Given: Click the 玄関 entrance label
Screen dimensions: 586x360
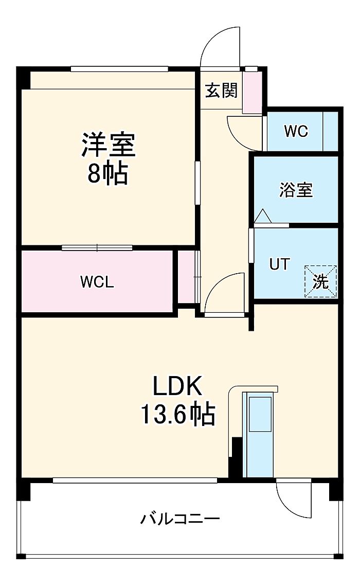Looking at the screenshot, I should tap(222, 91).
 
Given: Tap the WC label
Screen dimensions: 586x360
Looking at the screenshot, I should tap(296, 131).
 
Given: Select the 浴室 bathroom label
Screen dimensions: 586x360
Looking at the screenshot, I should tap(296, 190).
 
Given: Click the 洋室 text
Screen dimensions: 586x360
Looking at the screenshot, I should tap(108, 145).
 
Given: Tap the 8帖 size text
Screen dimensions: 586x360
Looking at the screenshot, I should tap(107, 175).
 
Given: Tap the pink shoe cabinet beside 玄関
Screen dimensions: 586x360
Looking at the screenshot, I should tap(252, 93).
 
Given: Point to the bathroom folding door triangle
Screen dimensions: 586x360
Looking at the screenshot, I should tap(263, 217).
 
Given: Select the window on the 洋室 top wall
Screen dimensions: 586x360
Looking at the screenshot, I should tap(119, 69).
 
